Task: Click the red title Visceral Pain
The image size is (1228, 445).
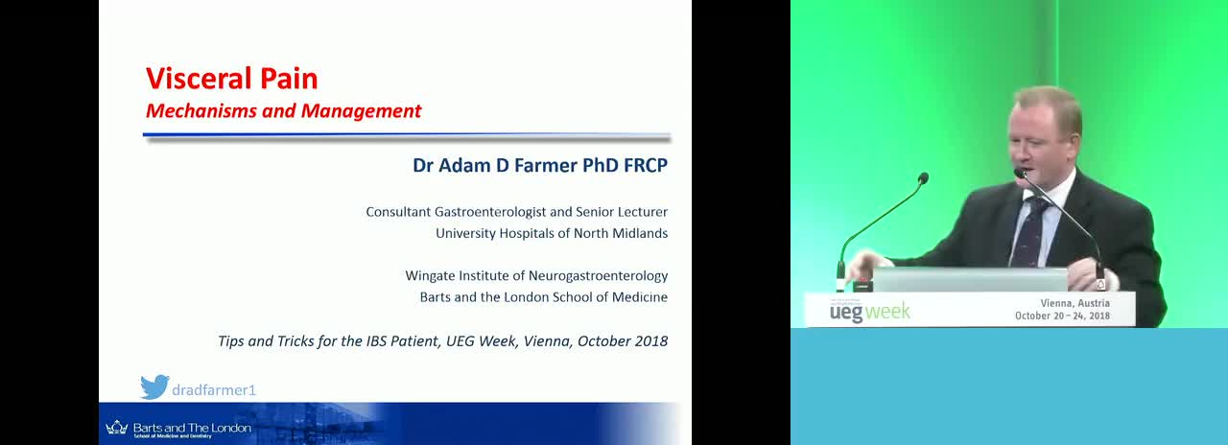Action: pyautogui.click(x=232, y=79)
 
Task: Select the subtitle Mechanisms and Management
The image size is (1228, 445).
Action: pyautogui.click(x=283, y=111)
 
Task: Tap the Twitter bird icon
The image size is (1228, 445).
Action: pyautogui.click(x=154, y=386)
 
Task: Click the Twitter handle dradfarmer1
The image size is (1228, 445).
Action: pyautogui.click(x=214, y=390)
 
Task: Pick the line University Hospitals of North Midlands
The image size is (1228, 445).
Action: pyautogui.click(x=552, y=233)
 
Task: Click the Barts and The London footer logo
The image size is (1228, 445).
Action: pyautogui.click(x=178, y=429)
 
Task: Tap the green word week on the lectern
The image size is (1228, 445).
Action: pyautogui.click(x=888, y=312)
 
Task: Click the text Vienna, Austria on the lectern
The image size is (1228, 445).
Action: pyautogui.click(x=1075, y=303)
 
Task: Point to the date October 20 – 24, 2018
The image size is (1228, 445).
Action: pyautogui.click(x=1062, y=316)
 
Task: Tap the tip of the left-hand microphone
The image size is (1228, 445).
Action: pyautogui.click(x=923, y=178)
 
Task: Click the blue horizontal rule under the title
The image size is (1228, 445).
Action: pyautogui.click(x=406, y=133)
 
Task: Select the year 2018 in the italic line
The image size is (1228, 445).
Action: pyautogui.click(x=650, y=341)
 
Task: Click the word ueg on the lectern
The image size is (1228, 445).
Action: pyautogui.click(x=846, y=313)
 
